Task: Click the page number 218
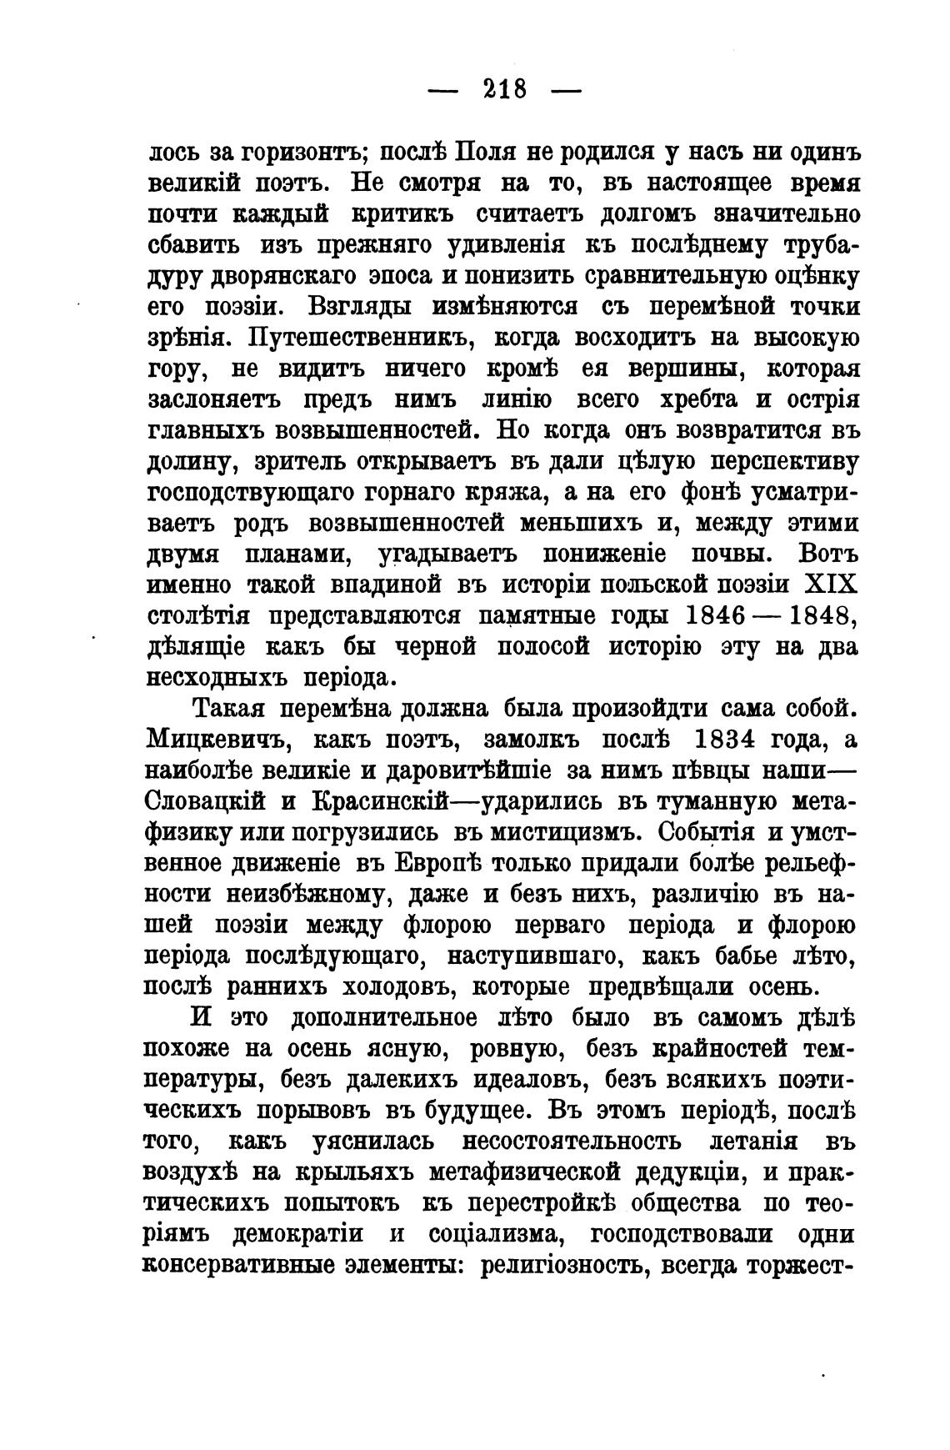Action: point(504,88)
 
